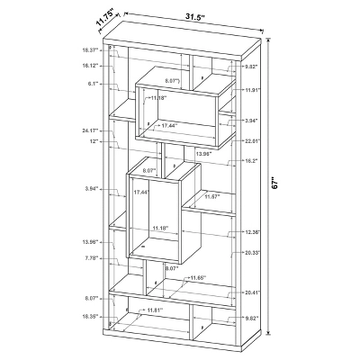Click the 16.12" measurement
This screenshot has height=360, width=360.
[88, 66]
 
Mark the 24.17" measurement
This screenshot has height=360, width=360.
[88, 130]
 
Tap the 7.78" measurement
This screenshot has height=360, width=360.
[90, 259]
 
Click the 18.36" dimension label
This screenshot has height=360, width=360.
[88, 316]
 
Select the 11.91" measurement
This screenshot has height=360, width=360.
[251, 90]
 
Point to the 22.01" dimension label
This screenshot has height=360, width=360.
[251, 140]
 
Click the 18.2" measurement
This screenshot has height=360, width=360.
[252, 161]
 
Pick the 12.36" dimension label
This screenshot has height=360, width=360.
[251, 233]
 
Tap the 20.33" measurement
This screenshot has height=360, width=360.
[251, 253]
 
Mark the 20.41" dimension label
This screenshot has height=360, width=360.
[251, 292]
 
